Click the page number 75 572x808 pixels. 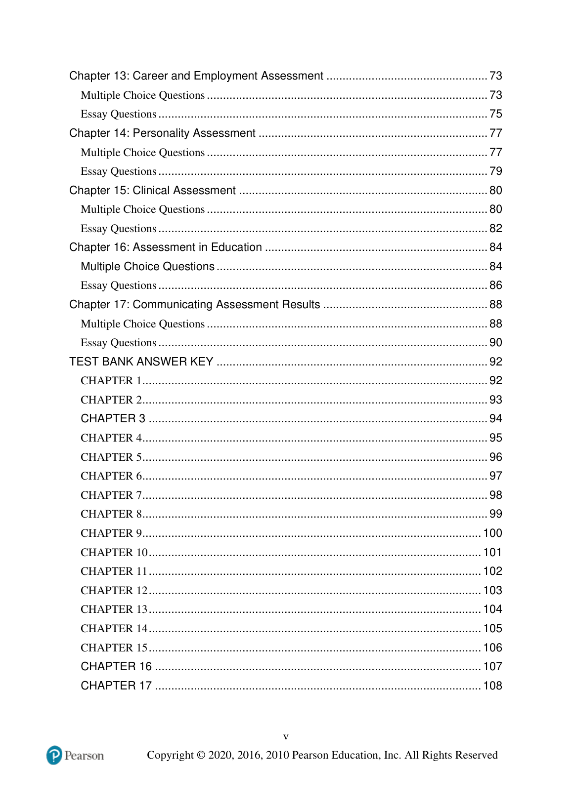pyautogui.click(x=495, y=114)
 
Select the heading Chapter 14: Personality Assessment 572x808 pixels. pyautogui.click(x=162, y=133)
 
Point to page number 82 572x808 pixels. pyautogui.click(x=495, y=229)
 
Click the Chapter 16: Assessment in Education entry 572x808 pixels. pyautogui.click(x=166, y=247)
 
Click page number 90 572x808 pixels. pyautogui.click(x=495, y=343)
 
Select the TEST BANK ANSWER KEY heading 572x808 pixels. pyautogui.click(x=141, y=362)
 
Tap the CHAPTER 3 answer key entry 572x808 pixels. pyautogui.click(x=113, y=419)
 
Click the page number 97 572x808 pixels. pyautogui.click(x=495, y=476)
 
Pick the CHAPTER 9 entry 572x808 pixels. pyautogui.click(x=111, y=533)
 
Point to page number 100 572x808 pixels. pyautogui.click(x=492, y=533)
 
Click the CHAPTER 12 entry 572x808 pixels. pyautogui.click(x=114, y=591)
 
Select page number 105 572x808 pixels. pyautogui.click(x=492, y=629)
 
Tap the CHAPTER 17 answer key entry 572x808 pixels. pyautogui.click(x=116, y=686)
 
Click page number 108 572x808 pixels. pyautogui.click(x=492, y=686)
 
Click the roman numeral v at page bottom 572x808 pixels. pyautogui.click(x=286, y=737)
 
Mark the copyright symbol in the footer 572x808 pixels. pyautogui.click(x=201, y=755)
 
